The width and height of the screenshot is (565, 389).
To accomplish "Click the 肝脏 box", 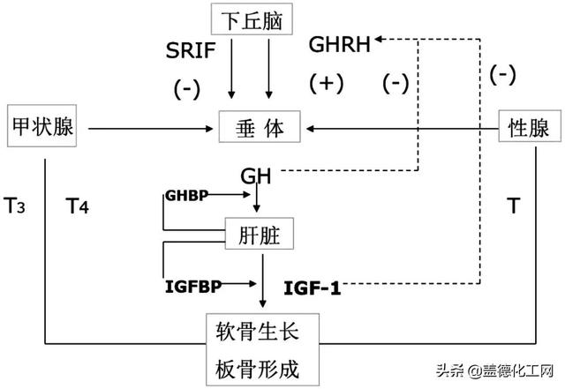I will click(x=259, y=234).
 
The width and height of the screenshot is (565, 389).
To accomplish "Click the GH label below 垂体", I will click(x=254, y=176).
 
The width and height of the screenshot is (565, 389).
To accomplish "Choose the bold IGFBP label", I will click(x=192, y=286).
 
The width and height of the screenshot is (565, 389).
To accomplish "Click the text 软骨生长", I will click(x=262, y=333).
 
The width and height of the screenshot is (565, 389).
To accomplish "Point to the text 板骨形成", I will click(x=262, y=369).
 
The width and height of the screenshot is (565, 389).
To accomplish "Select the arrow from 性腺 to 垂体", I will click(x=403, y=129).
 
